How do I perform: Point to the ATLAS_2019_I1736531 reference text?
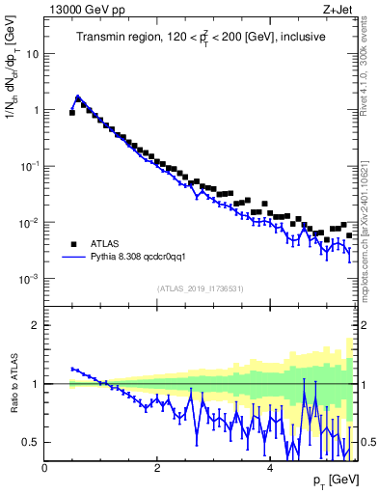200,288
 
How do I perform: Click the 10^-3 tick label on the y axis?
27,279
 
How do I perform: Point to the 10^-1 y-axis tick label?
27,166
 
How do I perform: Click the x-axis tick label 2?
157,468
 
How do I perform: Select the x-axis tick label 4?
270,468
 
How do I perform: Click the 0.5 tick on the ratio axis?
30,442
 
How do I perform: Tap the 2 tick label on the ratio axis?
35,325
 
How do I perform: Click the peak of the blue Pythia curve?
78,96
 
